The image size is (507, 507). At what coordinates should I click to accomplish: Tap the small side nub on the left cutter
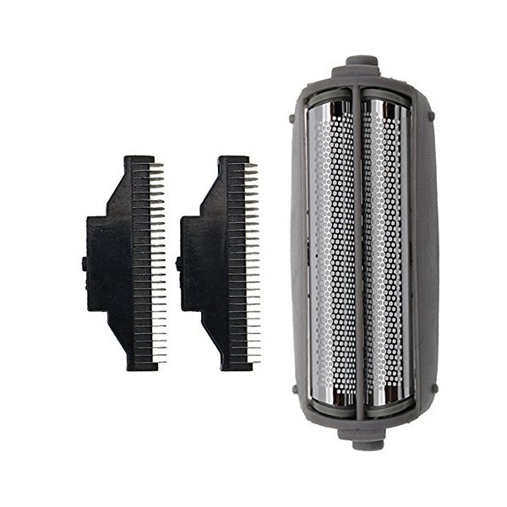click(x=84, y=264)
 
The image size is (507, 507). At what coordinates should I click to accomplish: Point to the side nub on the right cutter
click(x=178, y=264)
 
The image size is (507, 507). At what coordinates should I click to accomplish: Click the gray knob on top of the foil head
click(x=362, y=64)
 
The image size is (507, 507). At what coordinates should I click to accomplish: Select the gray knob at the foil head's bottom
click(x=362, y=439)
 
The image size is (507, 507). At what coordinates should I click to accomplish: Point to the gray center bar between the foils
click(x=361, y=253)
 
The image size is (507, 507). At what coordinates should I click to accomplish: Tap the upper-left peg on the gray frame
click(x=292, y=119)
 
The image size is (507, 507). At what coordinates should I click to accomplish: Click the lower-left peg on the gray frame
click(x=292, y=389)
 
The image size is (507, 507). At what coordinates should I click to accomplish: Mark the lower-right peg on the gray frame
click(x=433, y=389)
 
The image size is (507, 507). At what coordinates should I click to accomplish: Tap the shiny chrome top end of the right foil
click(x=387, y=107)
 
